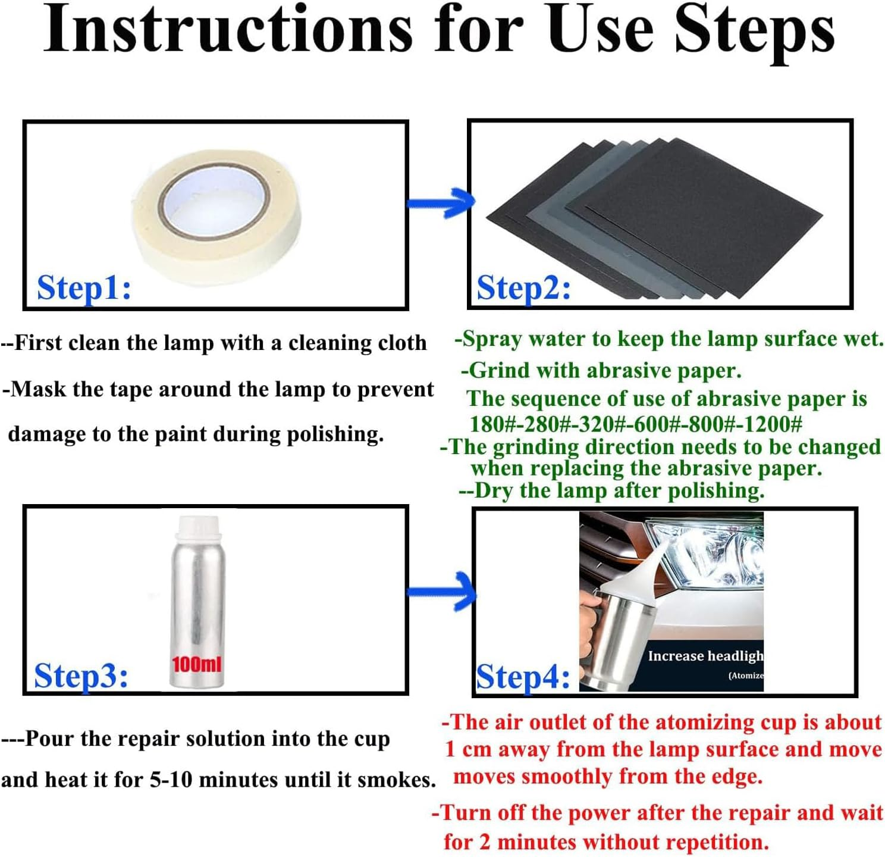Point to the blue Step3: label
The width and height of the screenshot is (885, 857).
coord(80,676)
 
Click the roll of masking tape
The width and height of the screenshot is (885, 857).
coord(216,218)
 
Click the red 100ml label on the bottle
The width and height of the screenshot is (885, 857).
coord(197,665)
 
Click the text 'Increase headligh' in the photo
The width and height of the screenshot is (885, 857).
coord(705,656)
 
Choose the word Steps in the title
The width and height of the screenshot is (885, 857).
coord(755,33)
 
